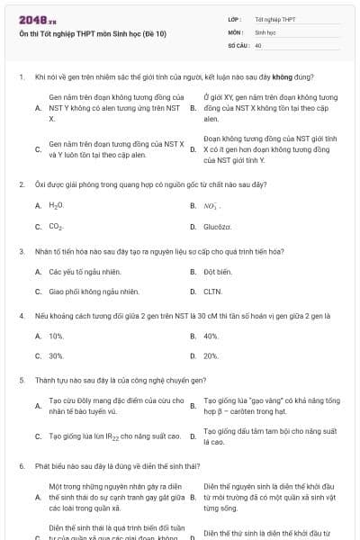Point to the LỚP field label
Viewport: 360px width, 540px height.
coord(235,19)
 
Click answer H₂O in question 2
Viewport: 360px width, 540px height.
coord(56,205)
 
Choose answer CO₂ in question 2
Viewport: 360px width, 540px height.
coord(56,227)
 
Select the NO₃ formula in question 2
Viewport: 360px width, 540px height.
coord(212,205)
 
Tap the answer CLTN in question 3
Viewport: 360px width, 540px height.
coord(212,292)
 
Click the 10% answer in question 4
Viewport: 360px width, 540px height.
coord(56,336)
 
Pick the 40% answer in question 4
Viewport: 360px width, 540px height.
coord(211,336)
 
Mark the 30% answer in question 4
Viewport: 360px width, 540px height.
coord(56,356)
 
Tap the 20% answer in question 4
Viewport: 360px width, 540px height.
coord(211,356)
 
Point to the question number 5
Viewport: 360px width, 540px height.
coord(21,380)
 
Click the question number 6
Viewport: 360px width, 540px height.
coord(21,466)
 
